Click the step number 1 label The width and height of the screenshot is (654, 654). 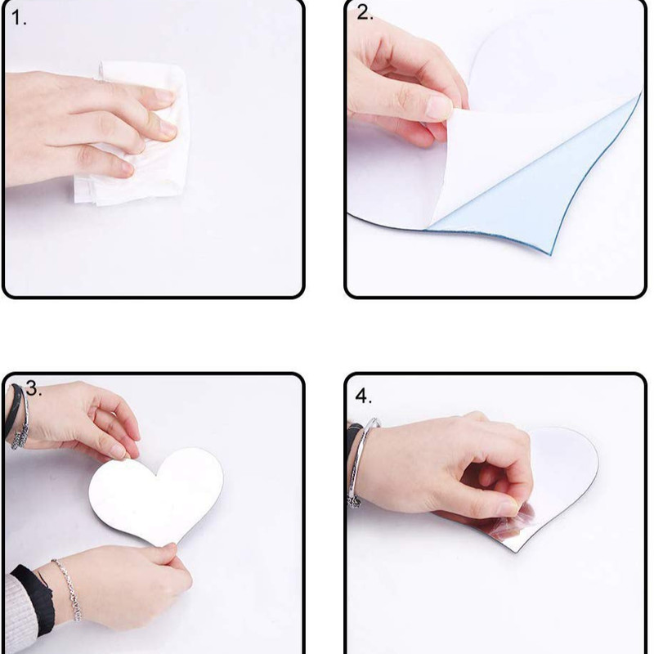click(19, 18)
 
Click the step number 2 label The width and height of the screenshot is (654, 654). click(365, 12)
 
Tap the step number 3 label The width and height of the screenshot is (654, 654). click(34, 389)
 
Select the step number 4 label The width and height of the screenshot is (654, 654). click(363, 396)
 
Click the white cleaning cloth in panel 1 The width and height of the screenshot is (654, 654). click(137, 133)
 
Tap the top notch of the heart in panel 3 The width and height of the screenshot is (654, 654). click(157, 475)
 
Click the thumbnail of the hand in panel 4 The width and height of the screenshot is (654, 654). click(511, 508)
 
